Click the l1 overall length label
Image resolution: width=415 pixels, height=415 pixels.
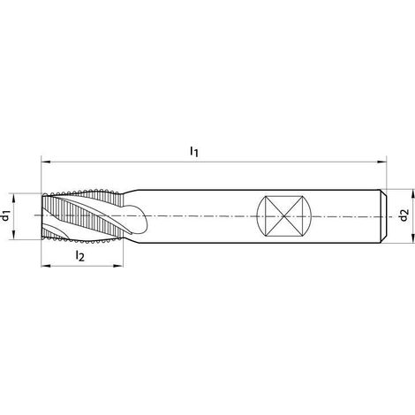(194, 151)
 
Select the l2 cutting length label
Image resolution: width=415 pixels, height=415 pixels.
(79, 255)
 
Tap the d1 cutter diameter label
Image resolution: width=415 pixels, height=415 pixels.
(5, 215)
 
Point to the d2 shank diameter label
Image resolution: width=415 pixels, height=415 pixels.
(404, 215)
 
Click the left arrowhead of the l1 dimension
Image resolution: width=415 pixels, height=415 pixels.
(45, 162)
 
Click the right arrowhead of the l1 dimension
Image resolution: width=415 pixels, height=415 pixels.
(381, 162)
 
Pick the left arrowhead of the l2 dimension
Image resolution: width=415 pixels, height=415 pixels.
(45, 266)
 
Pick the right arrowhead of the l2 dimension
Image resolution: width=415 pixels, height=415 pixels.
(118, 266)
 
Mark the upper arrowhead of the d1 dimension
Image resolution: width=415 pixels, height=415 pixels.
(13, 198)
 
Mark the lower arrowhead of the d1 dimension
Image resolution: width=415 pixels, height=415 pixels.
(13, 235)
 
